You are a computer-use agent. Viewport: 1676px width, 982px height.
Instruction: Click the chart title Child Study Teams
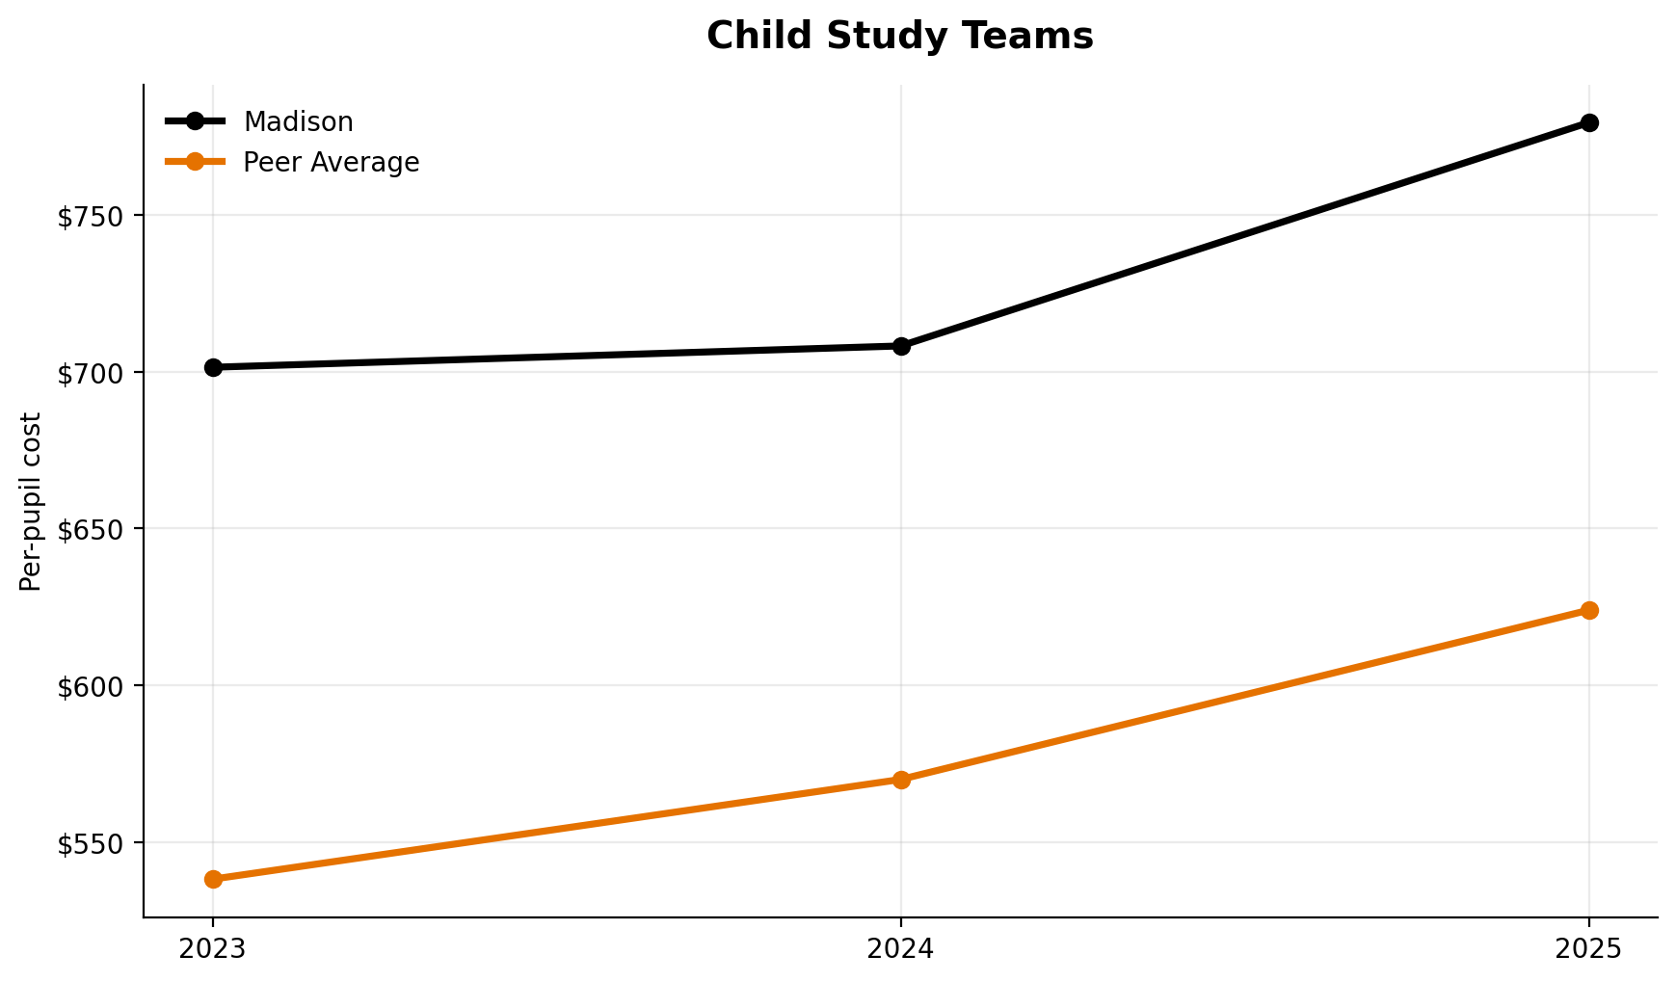click(899, 37)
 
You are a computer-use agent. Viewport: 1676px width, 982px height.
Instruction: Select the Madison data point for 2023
click(213, 367)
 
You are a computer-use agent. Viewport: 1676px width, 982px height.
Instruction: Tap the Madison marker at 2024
click(901, 346)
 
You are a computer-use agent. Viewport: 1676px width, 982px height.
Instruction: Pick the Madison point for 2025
click(1589, 122)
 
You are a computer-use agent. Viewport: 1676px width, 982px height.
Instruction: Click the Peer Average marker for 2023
click(213, 879)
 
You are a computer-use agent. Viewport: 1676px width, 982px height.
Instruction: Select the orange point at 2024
click(901, 780)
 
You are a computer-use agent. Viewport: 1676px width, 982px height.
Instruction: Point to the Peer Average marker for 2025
click(1589, 610)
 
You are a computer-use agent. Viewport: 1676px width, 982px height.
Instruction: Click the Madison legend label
click(298, 122)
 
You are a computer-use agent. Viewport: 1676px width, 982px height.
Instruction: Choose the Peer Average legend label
click(331, 163)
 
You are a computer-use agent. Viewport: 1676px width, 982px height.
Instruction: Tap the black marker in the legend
click(195, 121)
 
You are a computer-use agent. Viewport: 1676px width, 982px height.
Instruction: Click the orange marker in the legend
click(195, 162)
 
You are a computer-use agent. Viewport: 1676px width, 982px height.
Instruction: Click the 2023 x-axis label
click(213, 949)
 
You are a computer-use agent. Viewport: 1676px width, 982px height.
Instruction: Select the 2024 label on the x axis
click(901, 949)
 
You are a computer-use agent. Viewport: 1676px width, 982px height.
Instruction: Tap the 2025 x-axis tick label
click(1589, 949)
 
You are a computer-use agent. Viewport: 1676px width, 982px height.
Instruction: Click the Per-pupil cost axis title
click(32, 501)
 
